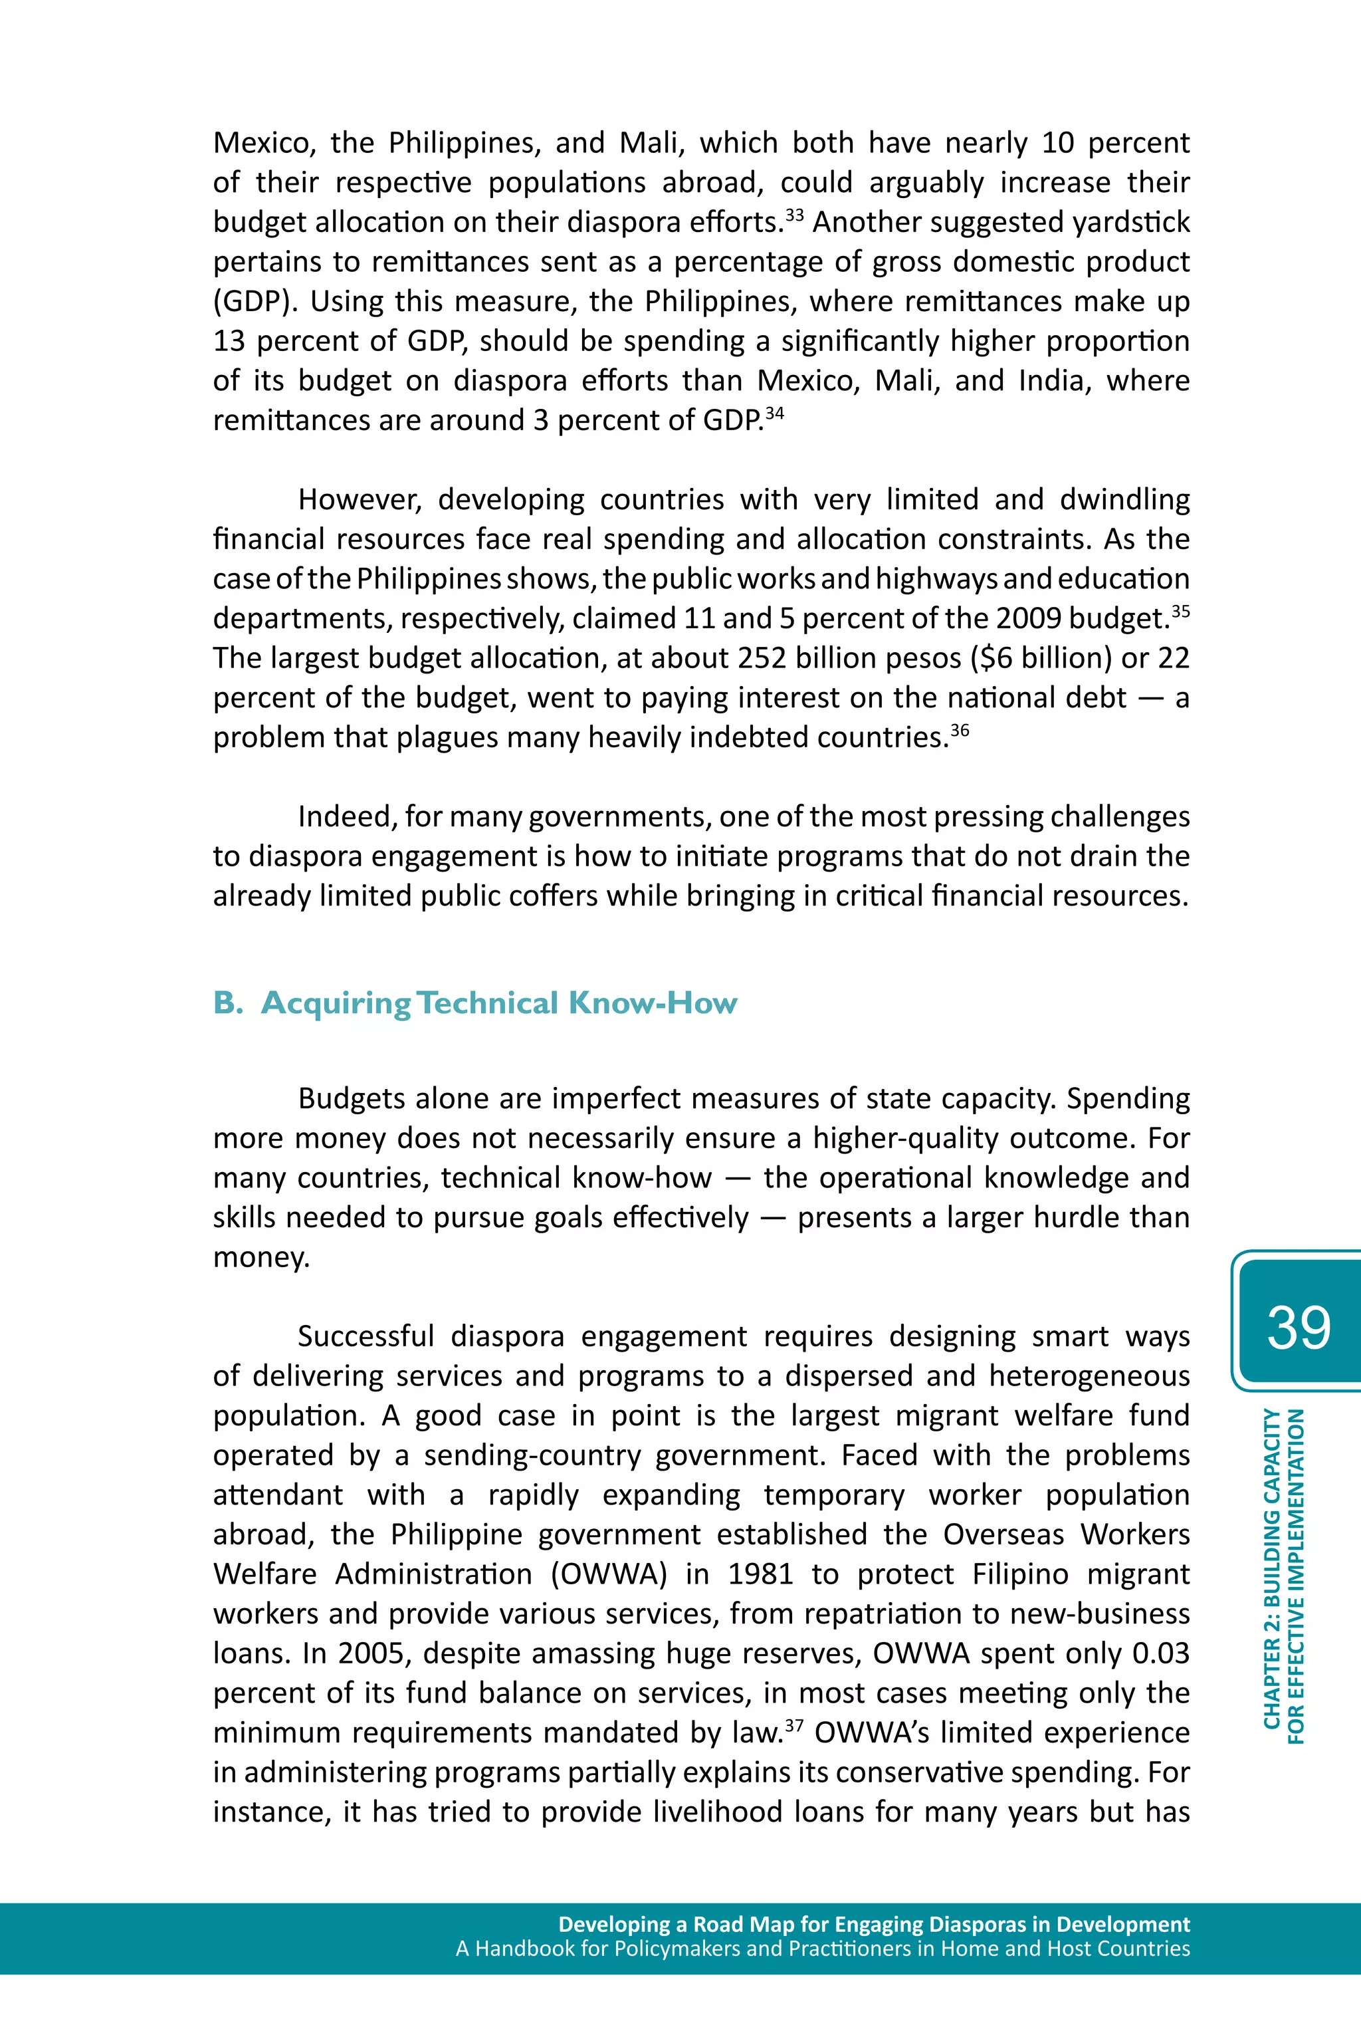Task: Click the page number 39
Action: click(1298, 1327)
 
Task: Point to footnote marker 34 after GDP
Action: click(774, 412)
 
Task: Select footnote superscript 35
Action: click(1180, 610)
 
